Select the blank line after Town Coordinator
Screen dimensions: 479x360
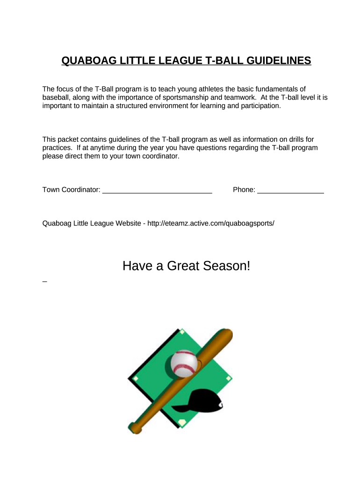point(157,190)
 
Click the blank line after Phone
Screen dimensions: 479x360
point(290,190)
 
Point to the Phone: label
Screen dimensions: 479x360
point(244,189)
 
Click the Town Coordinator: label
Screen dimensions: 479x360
point(72,189)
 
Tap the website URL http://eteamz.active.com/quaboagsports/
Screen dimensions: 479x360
point(210,223)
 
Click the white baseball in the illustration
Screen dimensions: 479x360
point(184,363)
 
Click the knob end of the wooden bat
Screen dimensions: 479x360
point(135,428)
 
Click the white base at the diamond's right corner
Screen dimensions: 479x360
point(228,378)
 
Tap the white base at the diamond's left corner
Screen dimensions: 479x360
point(136,378)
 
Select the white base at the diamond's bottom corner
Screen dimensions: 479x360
point(182,422)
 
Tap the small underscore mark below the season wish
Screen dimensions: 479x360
point(44,282)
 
